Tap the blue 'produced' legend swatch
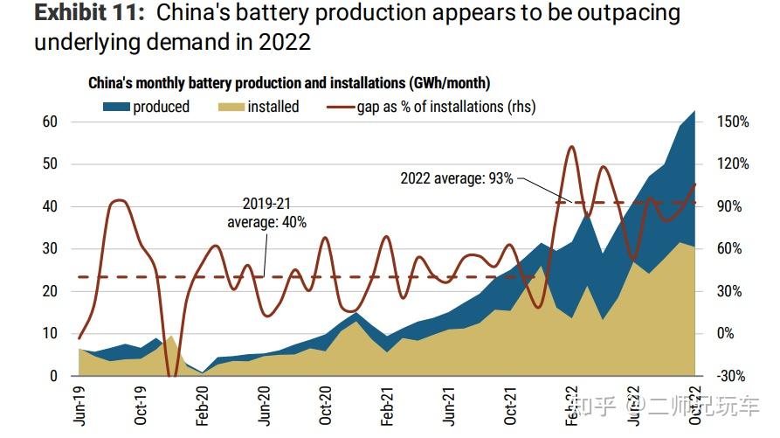[x=115, y=107]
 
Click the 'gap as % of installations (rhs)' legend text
[x=445, y=107]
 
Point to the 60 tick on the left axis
[x=50, y=122]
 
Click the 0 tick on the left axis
[x=53, y=376]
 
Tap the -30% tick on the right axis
[x=732, y=376]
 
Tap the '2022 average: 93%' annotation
[x=457, y=178]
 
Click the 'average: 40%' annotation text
[x=266, y=222]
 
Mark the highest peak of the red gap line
[x=571, y=147]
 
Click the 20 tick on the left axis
[x=50, y=291]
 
